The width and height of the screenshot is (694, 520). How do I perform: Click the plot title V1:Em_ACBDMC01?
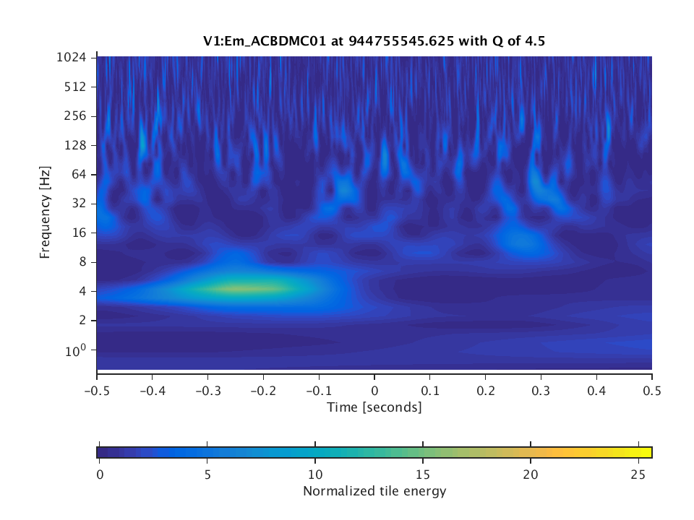click(x=374, y=41)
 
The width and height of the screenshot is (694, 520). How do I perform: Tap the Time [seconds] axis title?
click(x=374, y=407)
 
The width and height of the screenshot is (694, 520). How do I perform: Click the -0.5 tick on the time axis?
click(x=97, y=391)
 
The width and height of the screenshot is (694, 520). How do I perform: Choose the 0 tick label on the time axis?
click(x=374, y=391)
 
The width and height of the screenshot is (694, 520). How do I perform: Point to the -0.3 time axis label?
click(x=207, y=391)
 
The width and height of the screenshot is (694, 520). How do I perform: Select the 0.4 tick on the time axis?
click(x=596, y=391)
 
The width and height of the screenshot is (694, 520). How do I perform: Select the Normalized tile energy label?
click(x=374, y=492)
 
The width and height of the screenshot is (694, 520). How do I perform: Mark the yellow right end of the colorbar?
click(x=647, y=452)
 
